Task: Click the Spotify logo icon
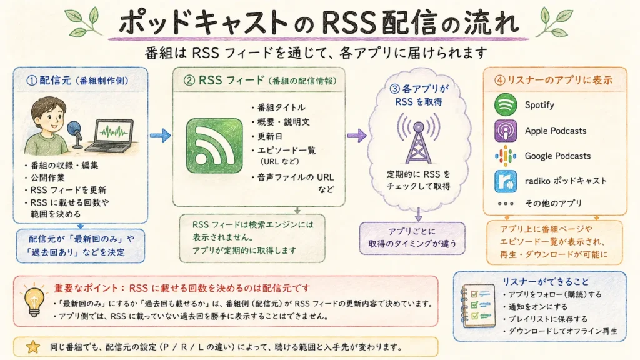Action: pos(505,104)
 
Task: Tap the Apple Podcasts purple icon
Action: pos(505,131)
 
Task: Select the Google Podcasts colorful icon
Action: pos(505,156)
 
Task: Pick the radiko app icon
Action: pos(505,181)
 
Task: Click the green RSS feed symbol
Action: pos(214,146)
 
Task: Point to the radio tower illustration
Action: pos(418,139)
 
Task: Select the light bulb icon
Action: pos(34,300)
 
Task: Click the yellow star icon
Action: pos(33,347)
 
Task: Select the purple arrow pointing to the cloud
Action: pos(357,135)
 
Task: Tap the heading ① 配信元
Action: pos(49,81)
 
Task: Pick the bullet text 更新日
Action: pos(270,136)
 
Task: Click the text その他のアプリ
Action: pos(553,203)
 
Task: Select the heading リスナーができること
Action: pos(546,282)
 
